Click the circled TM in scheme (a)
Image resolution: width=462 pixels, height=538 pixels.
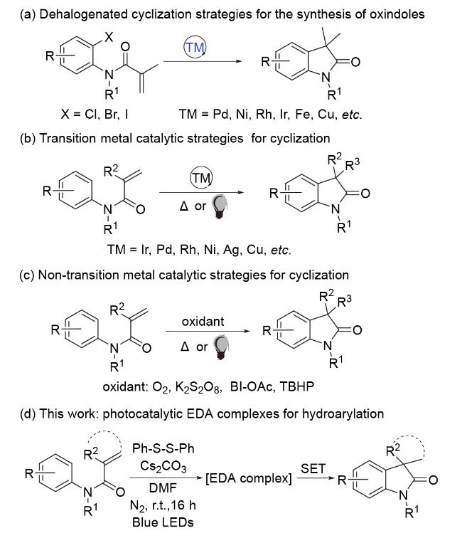point(195,48)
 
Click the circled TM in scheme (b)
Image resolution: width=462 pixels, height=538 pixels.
point(201,178)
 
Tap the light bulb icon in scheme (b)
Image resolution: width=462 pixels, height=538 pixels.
point(220,207)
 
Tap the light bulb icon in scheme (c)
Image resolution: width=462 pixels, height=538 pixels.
point(221,347)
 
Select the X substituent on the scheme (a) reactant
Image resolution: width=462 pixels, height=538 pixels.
point(109,37)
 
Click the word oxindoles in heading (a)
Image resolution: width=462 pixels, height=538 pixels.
point(397,14)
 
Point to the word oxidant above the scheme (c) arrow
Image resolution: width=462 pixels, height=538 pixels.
point(203,322)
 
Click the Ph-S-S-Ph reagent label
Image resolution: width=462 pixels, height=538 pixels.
point(163,448)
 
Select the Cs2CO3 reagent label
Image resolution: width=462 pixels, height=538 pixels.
point(163,467)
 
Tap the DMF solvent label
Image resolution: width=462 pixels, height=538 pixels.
point(163,487)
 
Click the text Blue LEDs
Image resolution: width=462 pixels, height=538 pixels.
point(163,522)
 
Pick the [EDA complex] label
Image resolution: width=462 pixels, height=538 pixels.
point(249,478)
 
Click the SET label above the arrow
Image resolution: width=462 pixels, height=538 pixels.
point(313,468)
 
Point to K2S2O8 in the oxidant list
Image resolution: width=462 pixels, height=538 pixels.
point(198,387)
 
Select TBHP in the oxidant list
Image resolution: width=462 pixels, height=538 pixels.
point(297,386)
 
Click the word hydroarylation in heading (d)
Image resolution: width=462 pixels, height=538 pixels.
point(343,413)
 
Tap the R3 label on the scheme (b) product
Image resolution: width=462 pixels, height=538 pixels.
point(353,164)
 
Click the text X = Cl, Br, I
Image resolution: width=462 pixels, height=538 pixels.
point(95,114)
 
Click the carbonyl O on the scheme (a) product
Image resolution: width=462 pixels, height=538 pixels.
point(355,62)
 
